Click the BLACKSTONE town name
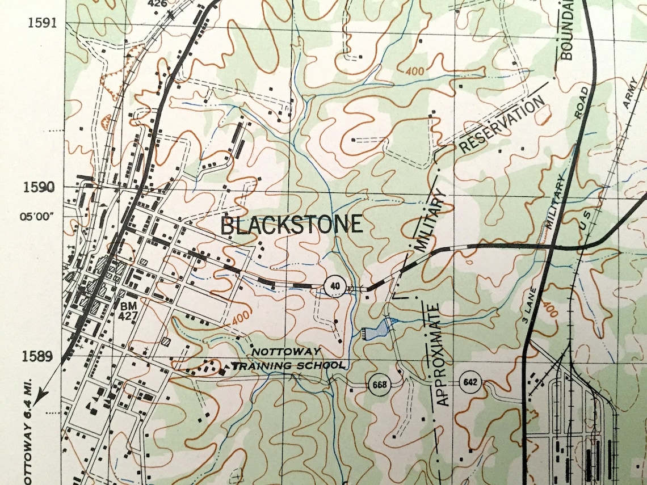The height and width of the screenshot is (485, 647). click(291, 225)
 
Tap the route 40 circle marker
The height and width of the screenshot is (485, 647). click(335, 285)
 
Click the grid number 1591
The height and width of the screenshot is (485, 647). click(41, 23)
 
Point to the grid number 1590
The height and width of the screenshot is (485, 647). click(41, 188)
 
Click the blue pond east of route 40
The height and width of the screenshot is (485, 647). click(378, 329)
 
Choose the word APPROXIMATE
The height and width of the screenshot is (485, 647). click(444, 355)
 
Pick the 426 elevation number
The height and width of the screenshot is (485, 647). click(157, 3)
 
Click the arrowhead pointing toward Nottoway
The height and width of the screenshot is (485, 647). click(40, 397)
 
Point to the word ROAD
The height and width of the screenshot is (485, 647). click(581, 103)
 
